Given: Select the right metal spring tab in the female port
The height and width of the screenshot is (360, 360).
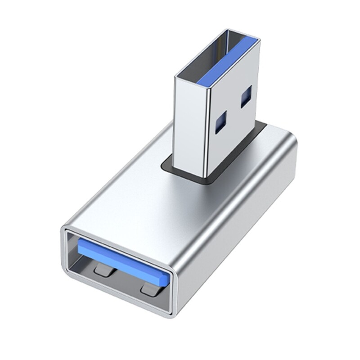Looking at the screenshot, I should coord(150,289).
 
